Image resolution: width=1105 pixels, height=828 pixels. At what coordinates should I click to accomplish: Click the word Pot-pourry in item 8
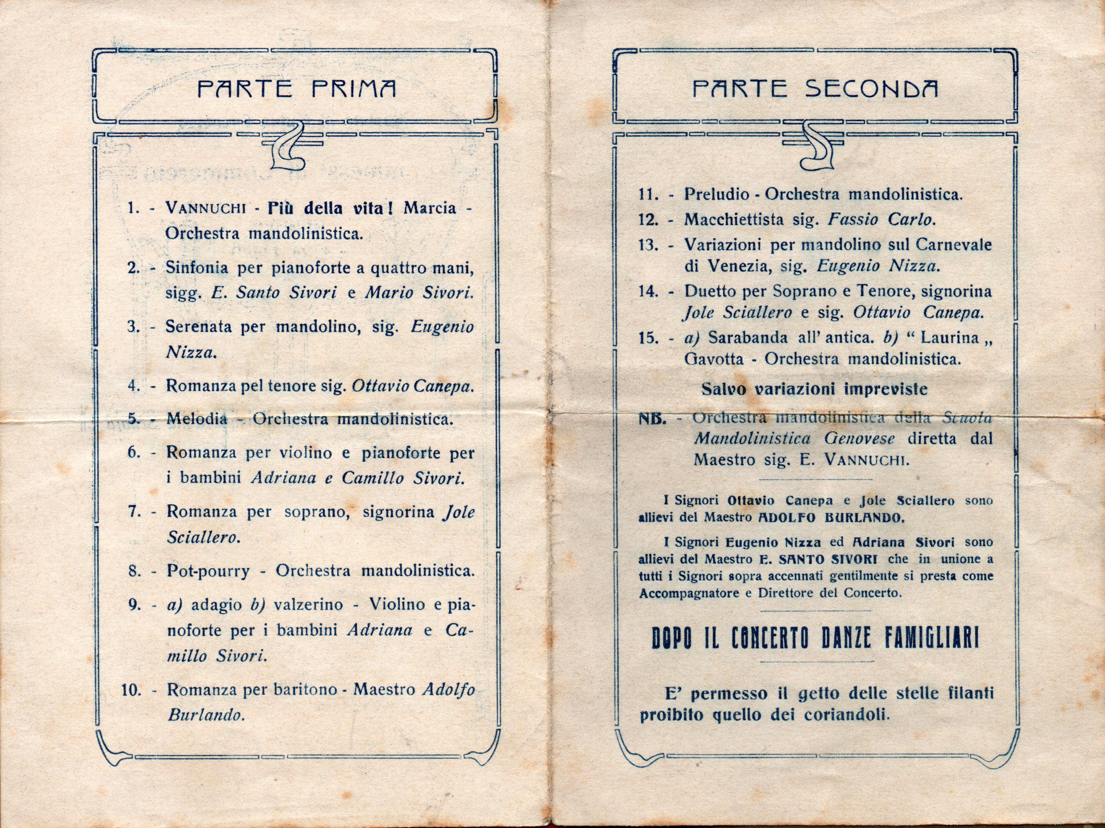click(x=208, y=571)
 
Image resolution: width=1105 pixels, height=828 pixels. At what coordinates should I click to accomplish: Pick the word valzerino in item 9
click(x=308, y=604)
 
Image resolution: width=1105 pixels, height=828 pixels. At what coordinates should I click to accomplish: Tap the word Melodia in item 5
click(x=197, y=419)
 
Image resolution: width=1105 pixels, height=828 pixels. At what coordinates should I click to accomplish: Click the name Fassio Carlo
click(x=881, y=220)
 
